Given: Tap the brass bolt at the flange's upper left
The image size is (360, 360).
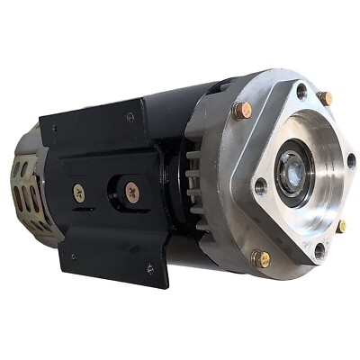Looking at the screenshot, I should point(242,110).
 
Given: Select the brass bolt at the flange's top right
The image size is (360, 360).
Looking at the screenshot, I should point(325,96).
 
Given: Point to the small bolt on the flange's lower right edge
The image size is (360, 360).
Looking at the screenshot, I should point(342,226).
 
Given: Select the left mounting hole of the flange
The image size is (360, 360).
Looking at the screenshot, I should point(260,186).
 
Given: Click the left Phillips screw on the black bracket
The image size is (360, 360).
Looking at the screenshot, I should point(79,191).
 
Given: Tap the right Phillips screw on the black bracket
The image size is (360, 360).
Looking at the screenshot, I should point(132,190).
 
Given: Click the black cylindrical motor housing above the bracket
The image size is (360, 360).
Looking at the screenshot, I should point(171,103).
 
